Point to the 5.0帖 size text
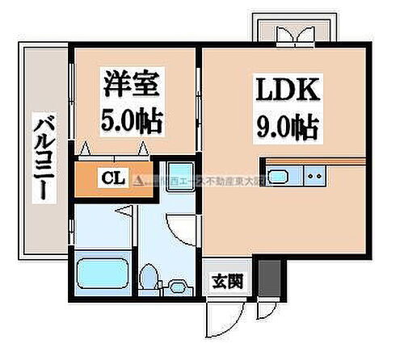tap(133, 121)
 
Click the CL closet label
tap(112, 178)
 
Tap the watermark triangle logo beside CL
tap(138, 178)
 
